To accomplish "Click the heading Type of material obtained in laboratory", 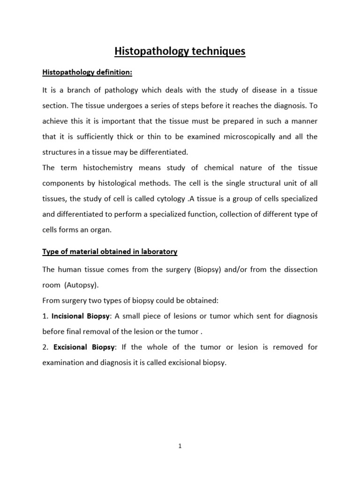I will pyautogui.click(x=110, y=252).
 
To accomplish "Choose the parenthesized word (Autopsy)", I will pyautogui.click(x=83, y=285).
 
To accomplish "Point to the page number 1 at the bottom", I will pyautogui.click(x=180, y=447).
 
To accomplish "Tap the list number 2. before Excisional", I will pyautogui.click(x=45, y=347).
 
